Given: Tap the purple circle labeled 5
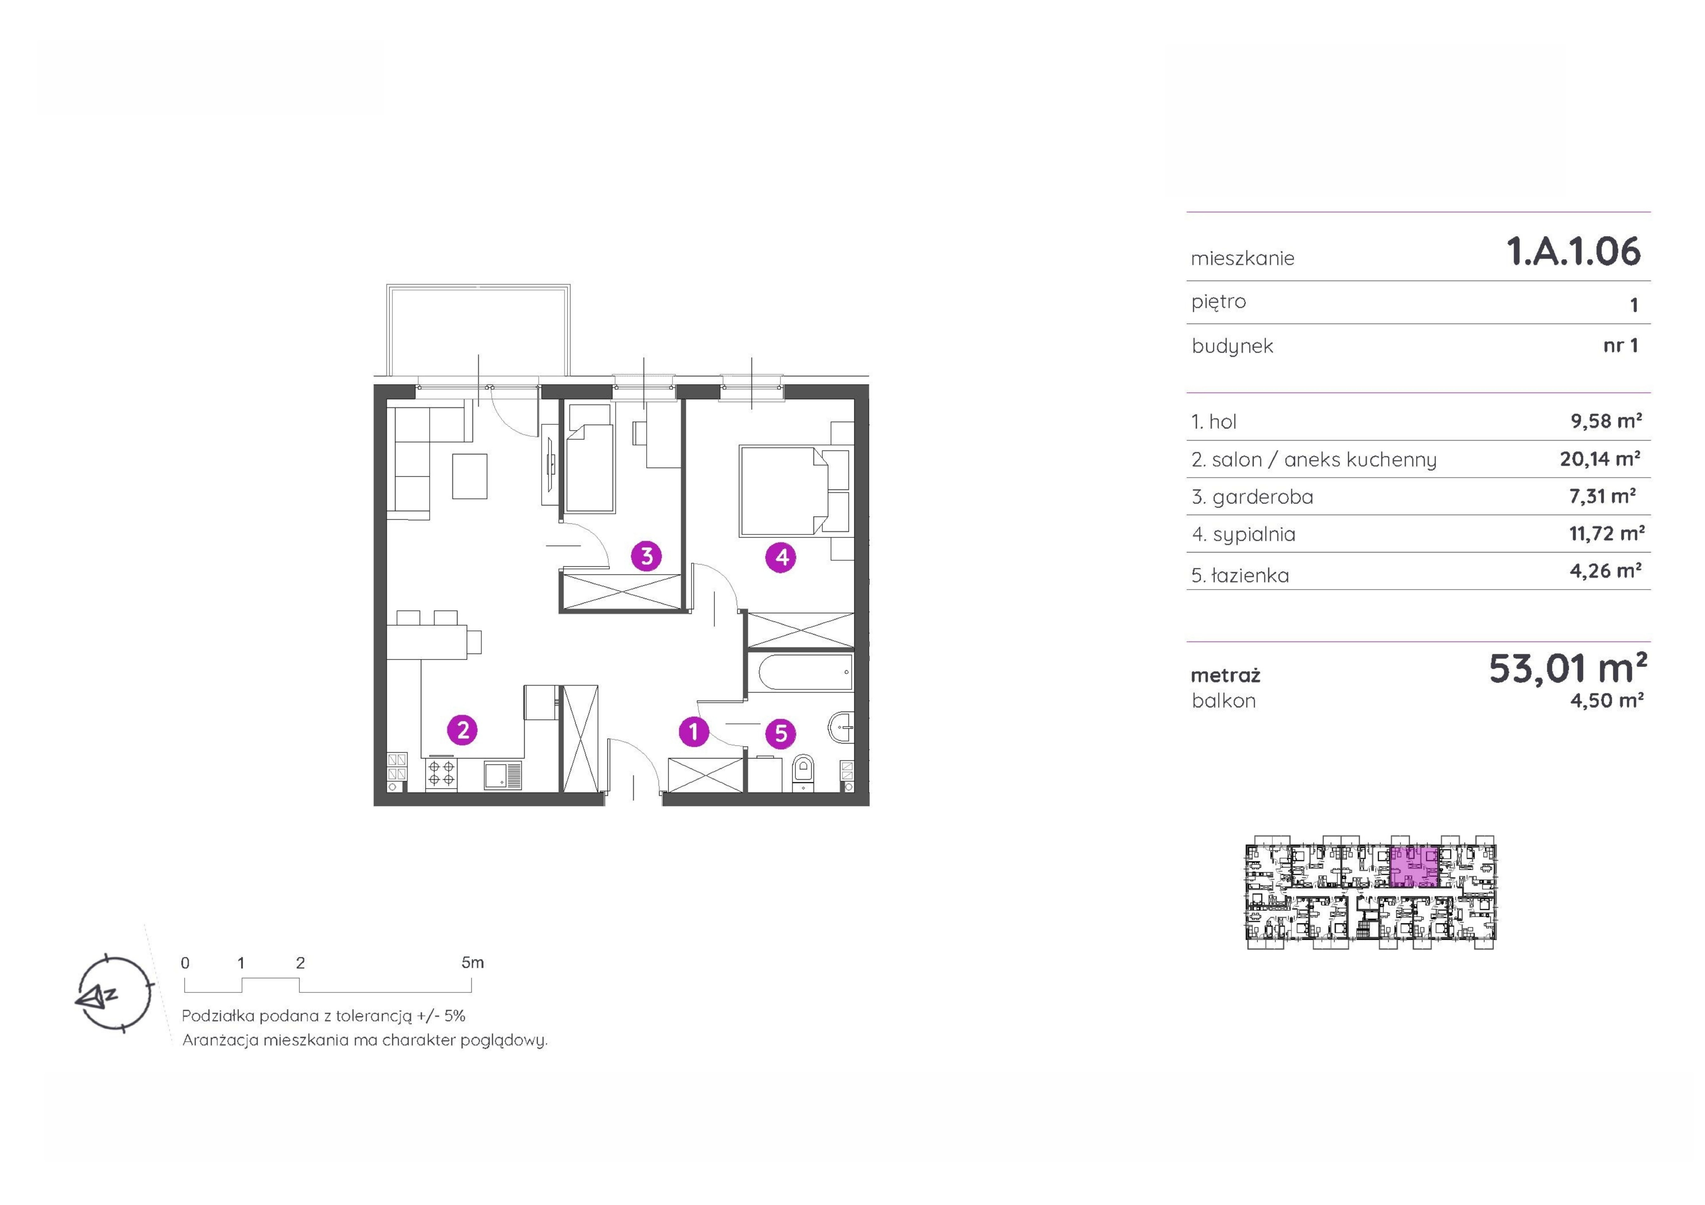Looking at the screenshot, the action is coord(780,734).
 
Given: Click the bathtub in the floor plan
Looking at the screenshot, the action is coord(800,673).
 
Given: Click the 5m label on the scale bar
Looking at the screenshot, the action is coord(472,963).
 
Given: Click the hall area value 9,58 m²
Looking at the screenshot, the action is coord(1606,421).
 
